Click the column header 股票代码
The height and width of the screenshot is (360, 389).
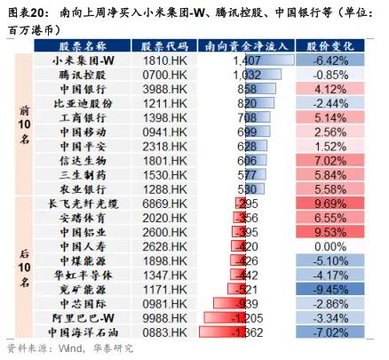pos(164,46)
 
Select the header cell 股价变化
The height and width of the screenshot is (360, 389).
pos(330,46)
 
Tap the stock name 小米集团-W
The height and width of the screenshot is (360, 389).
pos(83,60)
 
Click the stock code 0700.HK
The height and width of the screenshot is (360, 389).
pos(165,75)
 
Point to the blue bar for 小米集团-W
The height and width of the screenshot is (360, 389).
pos(270,60)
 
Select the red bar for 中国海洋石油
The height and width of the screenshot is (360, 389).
pos(223,332)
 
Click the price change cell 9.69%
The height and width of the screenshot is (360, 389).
pos(330,204)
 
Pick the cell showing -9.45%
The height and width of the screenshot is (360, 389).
pos(330,290)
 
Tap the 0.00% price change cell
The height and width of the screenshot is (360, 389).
pos(330,246)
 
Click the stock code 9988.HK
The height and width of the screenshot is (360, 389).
pos(165,318)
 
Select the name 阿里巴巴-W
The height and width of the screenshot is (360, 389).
pos(83,318)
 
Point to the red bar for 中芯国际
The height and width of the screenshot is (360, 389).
pos(230,303)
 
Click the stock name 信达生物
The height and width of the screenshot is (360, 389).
pos(83,161)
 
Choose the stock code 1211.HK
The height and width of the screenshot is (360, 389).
pos(165,104)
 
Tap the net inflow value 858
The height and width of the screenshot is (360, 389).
pos(247,89)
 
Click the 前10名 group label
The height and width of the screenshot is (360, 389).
pos(24,124)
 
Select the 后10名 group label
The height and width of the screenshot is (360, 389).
pos(24,268)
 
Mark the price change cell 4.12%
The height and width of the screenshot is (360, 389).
pos(330,89)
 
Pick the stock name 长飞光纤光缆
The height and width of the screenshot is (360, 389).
pos(83,204)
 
